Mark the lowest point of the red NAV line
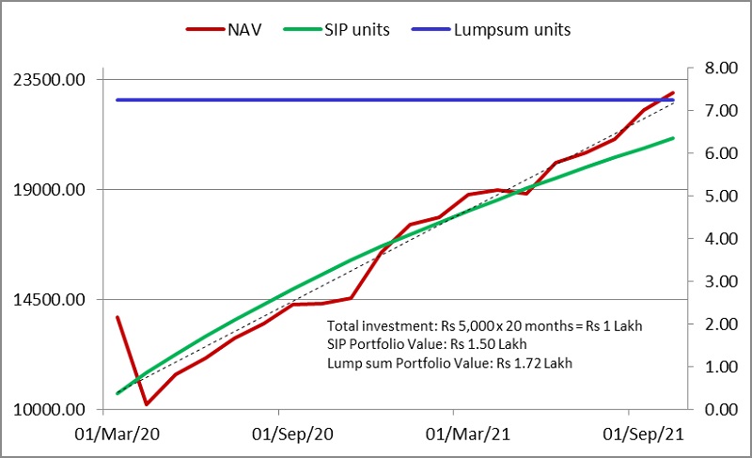[x=147, y=404]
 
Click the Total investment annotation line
[x=484, y=325]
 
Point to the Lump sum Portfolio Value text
[x=449, y=362]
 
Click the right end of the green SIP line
[x=673, y=138]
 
